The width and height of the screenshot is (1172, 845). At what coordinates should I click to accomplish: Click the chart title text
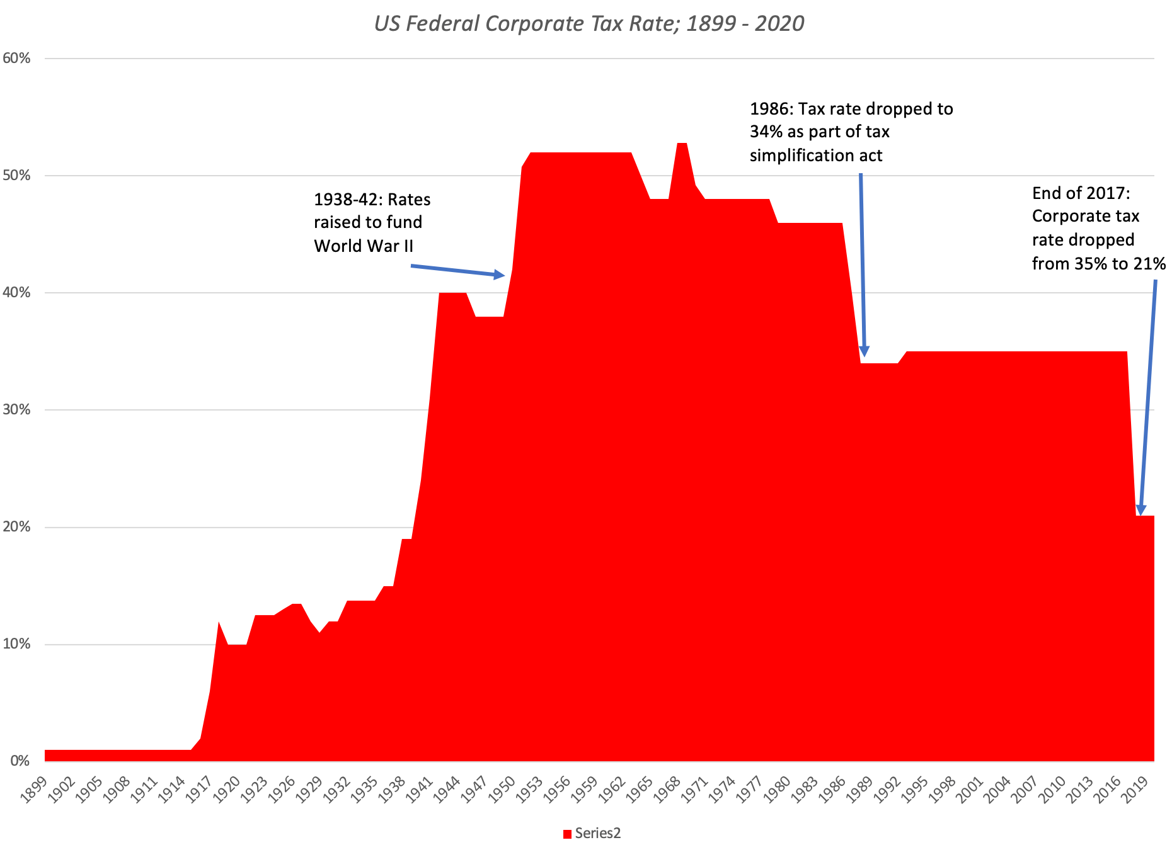coord(589,23)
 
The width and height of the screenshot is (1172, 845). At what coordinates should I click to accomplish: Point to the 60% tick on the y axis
coord(17,59)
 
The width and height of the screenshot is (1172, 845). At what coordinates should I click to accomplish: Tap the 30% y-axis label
coord(17,410)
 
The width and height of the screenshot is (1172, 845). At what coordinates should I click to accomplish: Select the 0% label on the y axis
coord(20,761)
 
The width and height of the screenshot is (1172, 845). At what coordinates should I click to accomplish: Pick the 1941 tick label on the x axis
coord(418,790)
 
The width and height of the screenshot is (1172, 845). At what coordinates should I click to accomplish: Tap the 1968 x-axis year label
coord(667,790)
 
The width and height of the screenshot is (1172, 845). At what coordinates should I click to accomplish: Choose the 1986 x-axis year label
coord(831,790)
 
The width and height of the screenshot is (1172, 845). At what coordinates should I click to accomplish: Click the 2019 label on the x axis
coord(1133,790)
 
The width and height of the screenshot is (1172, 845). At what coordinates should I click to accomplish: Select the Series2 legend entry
coord(597,833)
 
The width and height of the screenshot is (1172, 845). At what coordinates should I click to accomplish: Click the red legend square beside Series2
coord(567,834)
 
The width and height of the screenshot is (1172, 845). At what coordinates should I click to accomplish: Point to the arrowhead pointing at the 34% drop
coord(865,351)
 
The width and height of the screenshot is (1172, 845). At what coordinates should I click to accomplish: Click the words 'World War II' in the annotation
coord(364,246)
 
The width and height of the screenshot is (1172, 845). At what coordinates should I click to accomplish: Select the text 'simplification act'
coord(815,156)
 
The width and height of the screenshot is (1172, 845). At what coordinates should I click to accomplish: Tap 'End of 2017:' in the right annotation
coord(1081,193)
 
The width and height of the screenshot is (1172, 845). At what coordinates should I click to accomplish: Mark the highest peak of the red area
coord(682,144)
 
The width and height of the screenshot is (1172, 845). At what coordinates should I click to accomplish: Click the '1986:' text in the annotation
coord(771,109)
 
